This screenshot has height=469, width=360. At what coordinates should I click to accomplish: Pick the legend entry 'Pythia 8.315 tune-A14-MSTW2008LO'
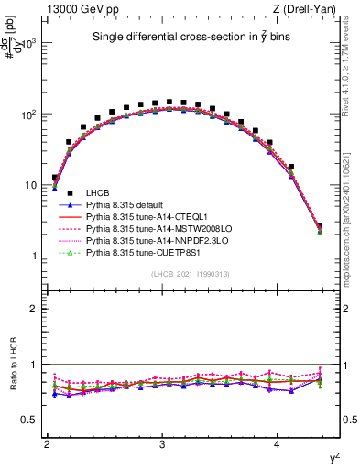tap(152, 227)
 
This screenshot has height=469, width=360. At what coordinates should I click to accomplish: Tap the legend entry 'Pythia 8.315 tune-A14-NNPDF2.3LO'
tap(151, 239)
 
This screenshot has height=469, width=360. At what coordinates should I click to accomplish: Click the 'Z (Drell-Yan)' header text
tap(310, 9)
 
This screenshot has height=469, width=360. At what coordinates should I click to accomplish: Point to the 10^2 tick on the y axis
tap(29, 115)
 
